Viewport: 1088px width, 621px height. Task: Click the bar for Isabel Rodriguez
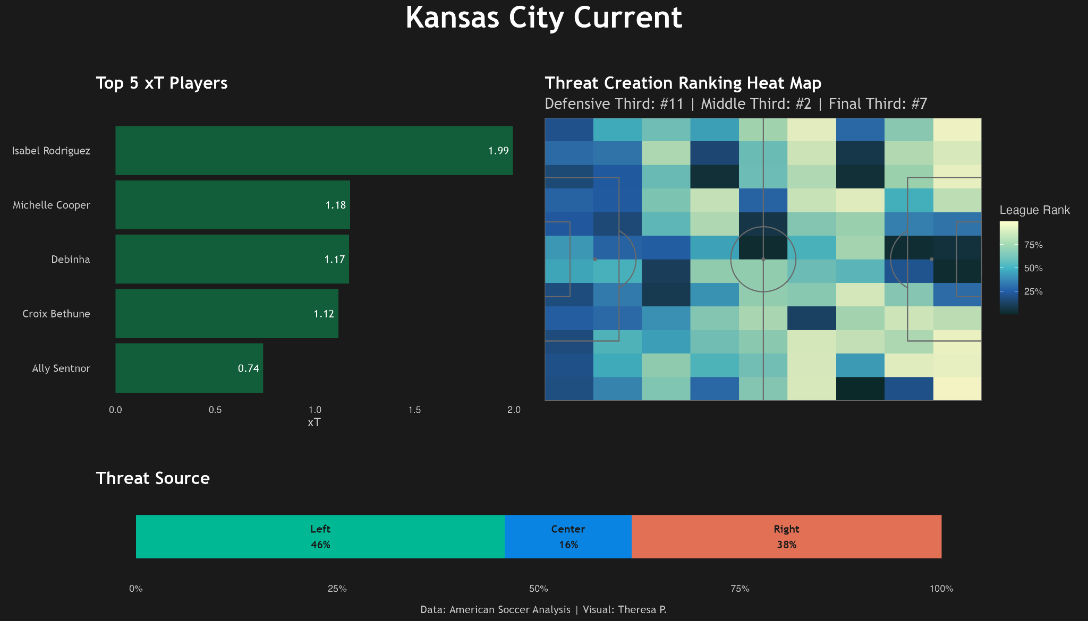[x=314, y=150]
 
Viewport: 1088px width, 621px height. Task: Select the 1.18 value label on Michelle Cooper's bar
[x=336, y=205]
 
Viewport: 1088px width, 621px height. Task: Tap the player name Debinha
[x=71, y=260]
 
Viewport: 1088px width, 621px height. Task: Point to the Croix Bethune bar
[x=227, y=314]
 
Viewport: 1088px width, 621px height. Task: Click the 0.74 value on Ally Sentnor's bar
[x=249, y=368]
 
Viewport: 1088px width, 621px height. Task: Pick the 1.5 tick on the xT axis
[x=414, y=410]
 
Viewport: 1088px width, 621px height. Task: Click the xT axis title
[x=314, y=422]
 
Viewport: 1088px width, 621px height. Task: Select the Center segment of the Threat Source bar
[x=568, y=537]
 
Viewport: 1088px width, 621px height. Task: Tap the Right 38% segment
[x=786, y=537]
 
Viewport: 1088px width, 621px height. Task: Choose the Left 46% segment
[x=320, y=537]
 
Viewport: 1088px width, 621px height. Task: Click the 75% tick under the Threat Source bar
[x=740, y=589]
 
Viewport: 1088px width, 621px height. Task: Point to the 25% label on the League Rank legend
[x=1033, y=291]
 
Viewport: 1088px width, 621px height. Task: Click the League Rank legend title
[x=1035, y=210]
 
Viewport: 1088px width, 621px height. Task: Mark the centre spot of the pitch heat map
[x=763, y=259]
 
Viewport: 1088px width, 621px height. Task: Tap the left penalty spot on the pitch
[x=595, y=259]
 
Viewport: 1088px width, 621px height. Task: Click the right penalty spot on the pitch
[x=932, y=259]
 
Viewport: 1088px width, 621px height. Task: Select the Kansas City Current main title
[x=543, y=18]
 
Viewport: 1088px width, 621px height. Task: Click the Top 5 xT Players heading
[x=162, y=83]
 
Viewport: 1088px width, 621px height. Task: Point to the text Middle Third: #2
[x=756, y=103]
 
